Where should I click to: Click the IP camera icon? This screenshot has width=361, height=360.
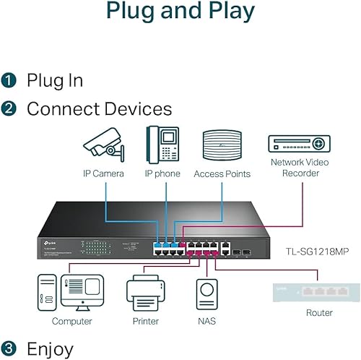pyautogui.click(x=104, y=145)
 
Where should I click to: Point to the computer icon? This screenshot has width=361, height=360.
pyautogui.click(x=71, y=291)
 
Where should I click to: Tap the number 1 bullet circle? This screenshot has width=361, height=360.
pyautogui.click(x=9, y=80)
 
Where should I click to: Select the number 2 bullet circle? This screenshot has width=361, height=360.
pyautogui.click(x=9, y=109)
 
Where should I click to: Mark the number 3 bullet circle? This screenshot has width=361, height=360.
pyautogui.click(x=9, y=349)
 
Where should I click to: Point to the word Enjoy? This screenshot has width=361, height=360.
pyautogui.click(x=50, y=349)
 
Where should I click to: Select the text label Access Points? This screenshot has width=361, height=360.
pyautogui.click(x=222, y=173)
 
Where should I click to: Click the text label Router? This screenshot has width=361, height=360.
pyautogui.click(x=318, y=313)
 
